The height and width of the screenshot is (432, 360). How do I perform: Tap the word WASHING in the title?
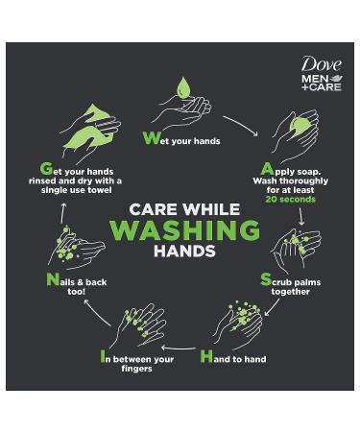pos(184,230)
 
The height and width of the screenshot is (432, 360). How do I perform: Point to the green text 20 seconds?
pos(290,200)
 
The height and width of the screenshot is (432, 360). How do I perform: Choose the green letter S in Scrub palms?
pos(266,279)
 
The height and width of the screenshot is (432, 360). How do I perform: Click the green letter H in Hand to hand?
pos(206,356)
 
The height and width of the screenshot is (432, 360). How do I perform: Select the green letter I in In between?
pos(105,356)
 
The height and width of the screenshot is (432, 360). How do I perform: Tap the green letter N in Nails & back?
pos(52,280)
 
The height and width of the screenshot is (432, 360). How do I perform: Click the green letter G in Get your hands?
pos(46,169)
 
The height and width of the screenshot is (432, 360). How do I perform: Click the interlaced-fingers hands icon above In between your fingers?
pos(139,324)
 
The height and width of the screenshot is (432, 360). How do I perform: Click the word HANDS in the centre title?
pos(184,252)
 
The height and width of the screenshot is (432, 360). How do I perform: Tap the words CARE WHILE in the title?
pos(184,208)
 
